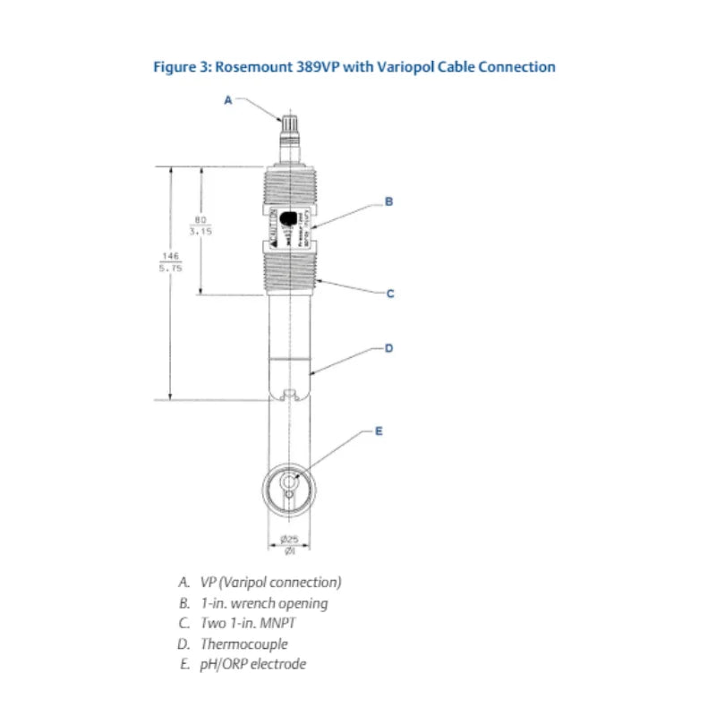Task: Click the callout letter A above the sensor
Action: coord(227,101)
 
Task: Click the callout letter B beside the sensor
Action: coord(388,201)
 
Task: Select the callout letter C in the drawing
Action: coord(389,293)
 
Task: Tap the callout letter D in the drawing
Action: coord(388,347)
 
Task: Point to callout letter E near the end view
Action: coord(378,430)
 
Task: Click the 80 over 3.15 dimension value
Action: coord(200,225)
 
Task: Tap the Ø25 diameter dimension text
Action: coord(288,539)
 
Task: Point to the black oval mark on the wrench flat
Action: coord(289,218)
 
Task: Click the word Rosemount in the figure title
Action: coord(256,67)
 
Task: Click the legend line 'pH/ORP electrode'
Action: coord(252,663)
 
